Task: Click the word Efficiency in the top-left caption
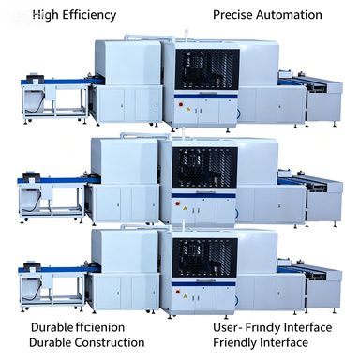pyautogui.click(x=89, y=15)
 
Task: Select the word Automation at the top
pyautogui.click(x=290, y=15)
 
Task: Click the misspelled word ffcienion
pyautogui.click(x=100, y=327)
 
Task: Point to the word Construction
pyautogui.click(x=110, y=342)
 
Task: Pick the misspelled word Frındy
pyautogui.click(x=262, y=328)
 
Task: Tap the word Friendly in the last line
pyautogui.click(x=234, y=343)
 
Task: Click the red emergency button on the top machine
pyautogui.click(x=181, y=104)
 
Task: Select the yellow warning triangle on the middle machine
pyautogui.click(x=186, y=208)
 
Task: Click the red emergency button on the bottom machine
pyautogui.click(x=178, y=292)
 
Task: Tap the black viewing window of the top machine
pyautogui.click(x=207, y=69)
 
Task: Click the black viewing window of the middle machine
pyautogui.click(x=204, y=169)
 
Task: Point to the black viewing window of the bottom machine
pyautogui.click(x=204, y=258)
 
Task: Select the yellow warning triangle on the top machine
pyautogui.click(x=188, y=109)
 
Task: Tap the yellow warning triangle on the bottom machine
pyautogui.click(x=186, y=295)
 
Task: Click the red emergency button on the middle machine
pyautogui.click(x=178, y=203)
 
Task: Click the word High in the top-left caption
pyautogui.click(x=46, y=15)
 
